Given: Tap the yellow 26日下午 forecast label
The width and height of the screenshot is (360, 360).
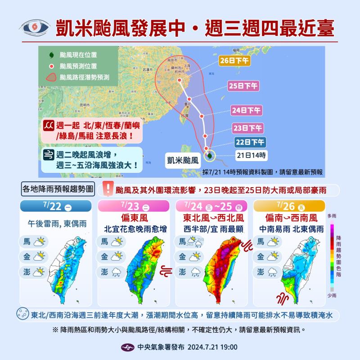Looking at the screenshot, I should point(234,60).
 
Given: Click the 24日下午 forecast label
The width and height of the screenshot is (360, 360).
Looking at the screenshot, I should point(245,109).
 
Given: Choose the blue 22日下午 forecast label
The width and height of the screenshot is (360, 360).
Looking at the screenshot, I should point(250,142).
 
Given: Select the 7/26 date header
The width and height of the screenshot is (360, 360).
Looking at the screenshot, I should point(290,207).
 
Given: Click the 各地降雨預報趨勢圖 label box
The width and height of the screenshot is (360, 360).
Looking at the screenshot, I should point(58,189).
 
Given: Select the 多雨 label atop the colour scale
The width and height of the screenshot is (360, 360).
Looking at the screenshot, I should point(333,216).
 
